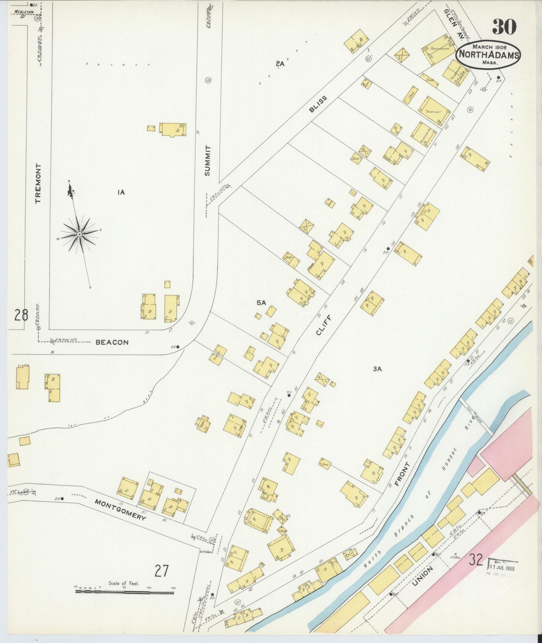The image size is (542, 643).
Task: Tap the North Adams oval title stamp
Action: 488,55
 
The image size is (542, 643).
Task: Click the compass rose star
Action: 79,234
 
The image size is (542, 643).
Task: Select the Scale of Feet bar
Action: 124,592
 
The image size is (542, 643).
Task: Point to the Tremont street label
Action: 38,183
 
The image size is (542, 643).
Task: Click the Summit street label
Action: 208,161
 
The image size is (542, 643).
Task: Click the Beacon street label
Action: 112,342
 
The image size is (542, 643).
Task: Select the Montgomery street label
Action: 120,509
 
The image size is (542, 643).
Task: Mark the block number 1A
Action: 120,192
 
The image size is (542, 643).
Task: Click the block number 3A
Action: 377,369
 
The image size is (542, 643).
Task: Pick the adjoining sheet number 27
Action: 162,571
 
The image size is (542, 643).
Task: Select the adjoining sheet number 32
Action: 476,560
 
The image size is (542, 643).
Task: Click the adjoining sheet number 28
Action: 21,314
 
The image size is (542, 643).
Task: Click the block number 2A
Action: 280,64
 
